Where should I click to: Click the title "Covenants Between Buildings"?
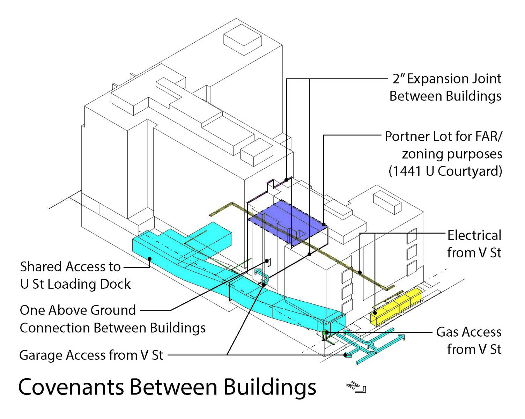(167, 387)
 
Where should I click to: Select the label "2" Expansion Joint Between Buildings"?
(446, 87)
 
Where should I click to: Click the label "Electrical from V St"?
(474, 244)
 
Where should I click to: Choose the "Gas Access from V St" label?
(468, 340)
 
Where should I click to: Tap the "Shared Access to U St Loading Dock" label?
(75, 275)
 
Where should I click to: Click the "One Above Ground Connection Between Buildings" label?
(112, 319)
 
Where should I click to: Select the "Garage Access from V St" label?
(91, 355)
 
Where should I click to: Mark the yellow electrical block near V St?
(396, 307)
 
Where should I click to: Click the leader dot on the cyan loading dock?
(149, 259)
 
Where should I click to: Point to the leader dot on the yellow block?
(375, 313)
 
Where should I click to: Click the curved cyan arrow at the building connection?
(262, 276)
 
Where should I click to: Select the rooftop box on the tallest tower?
(243, 39)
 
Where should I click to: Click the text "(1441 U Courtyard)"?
(445, 171)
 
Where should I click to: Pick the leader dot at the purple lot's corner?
(324, 225)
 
